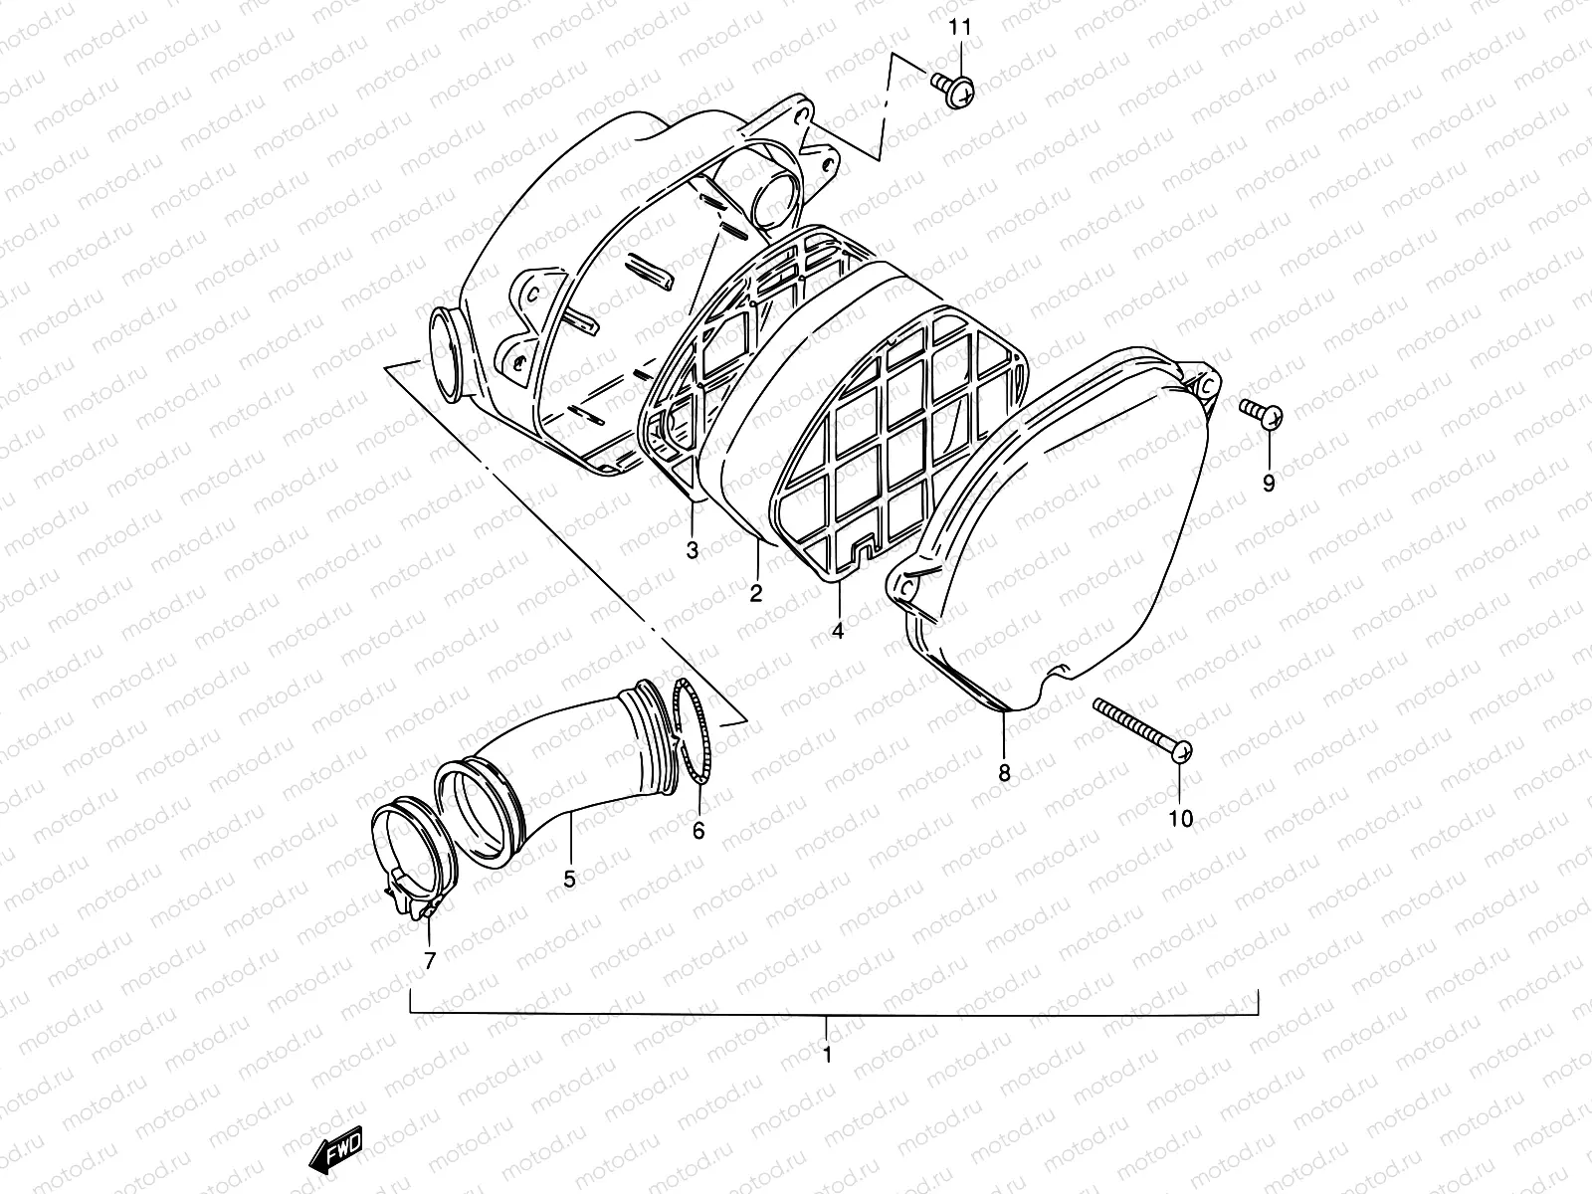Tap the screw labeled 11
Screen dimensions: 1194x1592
pyautogui.click(x=952, y=91)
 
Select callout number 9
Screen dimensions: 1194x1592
pyautogui.click(x=1269, y=484)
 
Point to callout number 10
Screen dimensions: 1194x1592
pyautogui.click(x=1180, y=819)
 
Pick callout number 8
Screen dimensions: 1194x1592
pyautogui.click(x=1004, y=772)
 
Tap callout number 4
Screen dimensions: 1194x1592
pyautogui.click(x=838, y=631)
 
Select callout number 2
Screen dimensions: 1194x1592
pyautogui.click(x=756, y=594)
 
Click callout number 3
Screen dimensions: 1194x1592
pyautogui.click(x=693, y=549)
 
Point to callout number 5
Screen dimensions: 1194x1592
pyautogui.click(x=569, y=880)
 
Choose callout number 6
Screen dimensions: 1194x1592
pyautogui.click(x=698, y=830)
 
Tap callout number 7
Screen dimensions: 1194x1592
pyautogui.click(x=430, y=961)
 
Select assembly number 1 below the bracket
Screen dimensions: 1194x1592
pyautogui.click(x=826, y=1054)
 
